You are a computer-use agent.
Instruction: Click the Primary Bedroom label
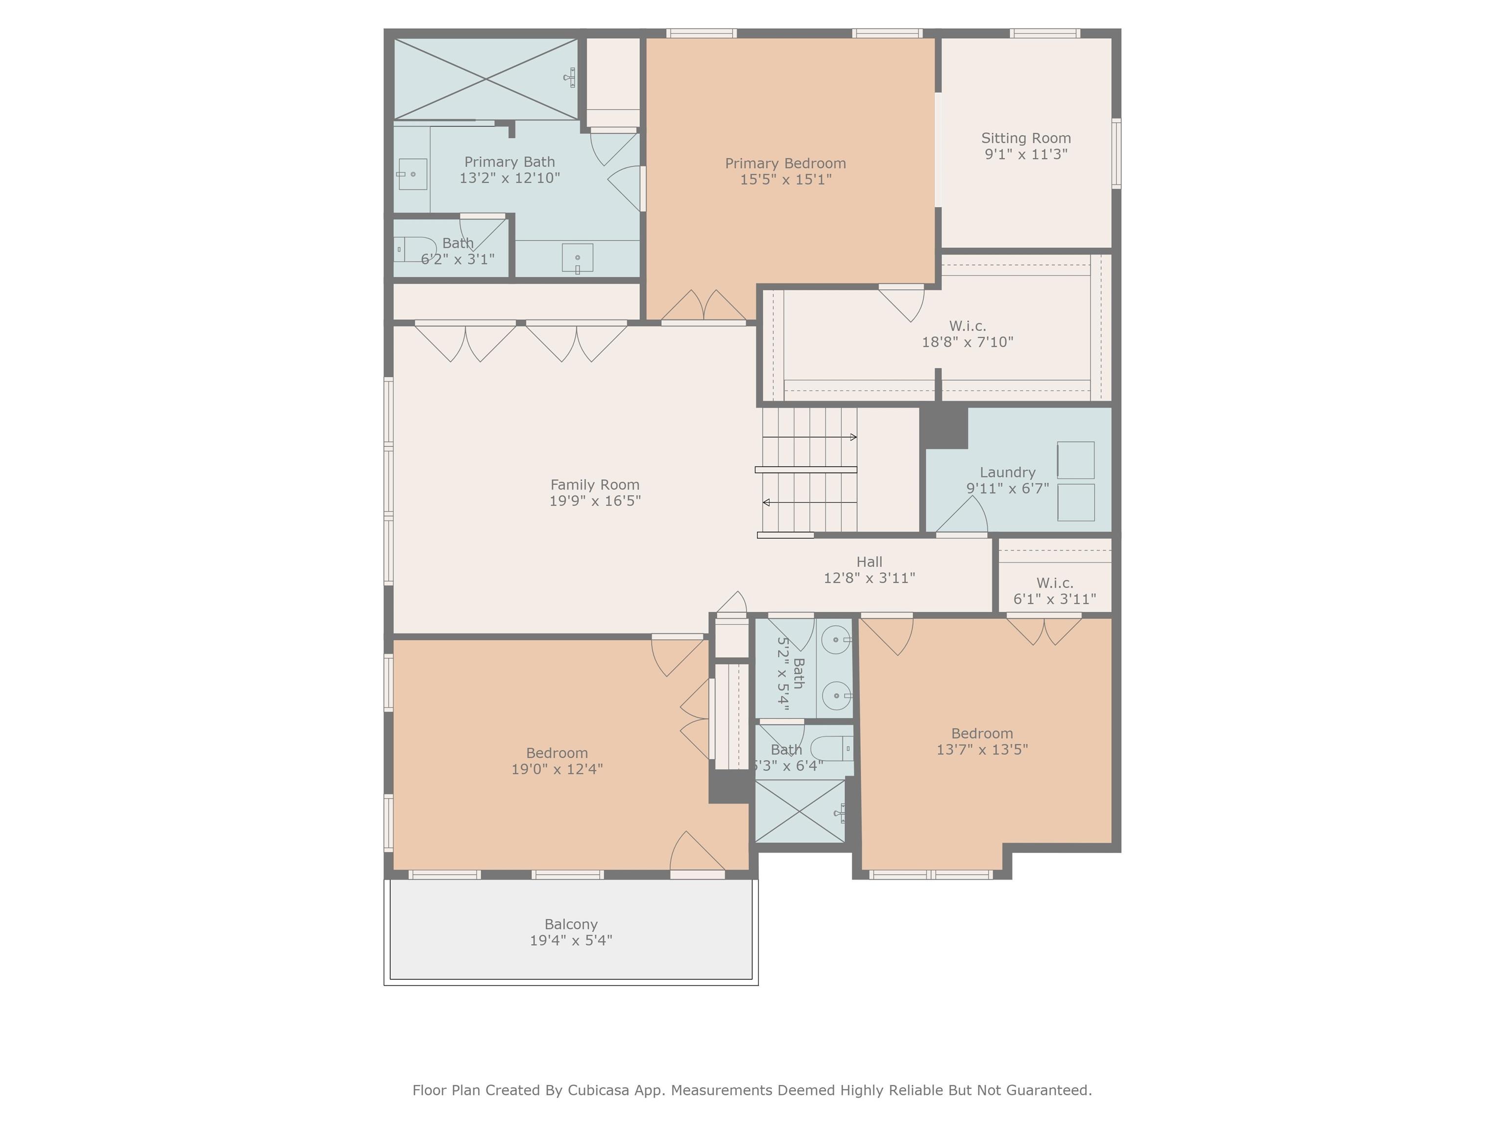pyautogui.click(x=785, y=163)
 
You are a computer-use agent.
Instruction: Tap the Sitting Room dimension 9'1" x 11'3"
pyautogui.click(x=1026, y=154)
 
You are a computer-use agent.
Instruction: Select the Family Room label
pyautogui.click(x=595, y=485)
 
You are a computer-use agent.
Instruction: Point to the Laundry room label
pyautogui.click(x=1008, y=472)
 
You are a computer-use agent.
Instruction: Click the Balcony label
pyautogui.click(x=571, y=924)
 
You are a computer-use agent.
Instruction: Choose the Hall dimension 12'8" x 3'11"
pyautogui.click(x=870, y=578)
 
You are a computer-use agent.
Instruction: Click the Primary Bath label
pyautogui.click(x=510, y=162)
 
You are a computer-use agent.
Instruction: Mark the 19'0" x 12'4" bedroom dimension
pyautogui.click(x=557, y=769)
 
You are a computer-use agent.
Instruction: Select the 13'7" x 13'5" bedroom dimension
pyautogui.click(x=982, y=749)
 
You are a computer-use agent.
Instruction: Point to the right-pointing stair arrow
pyautogui.click(x=810, y=437)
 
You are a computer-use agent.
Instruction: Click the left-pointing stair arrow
pyautogui.click(x=810, y=502)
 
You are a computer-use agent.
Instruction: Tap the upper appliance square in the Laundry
pyautogui.click(x=1076, y=461)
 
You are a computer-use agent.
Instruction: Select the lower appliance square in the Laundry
pyautogui.click(x=1076, y=502)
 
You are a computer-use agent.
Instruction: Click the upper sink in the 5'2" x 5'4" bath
pyautogui.click(x=837, y=639)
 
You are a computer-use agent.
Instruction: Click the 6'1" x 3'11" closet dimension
pyautogui.click(x=1055, y=599)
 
